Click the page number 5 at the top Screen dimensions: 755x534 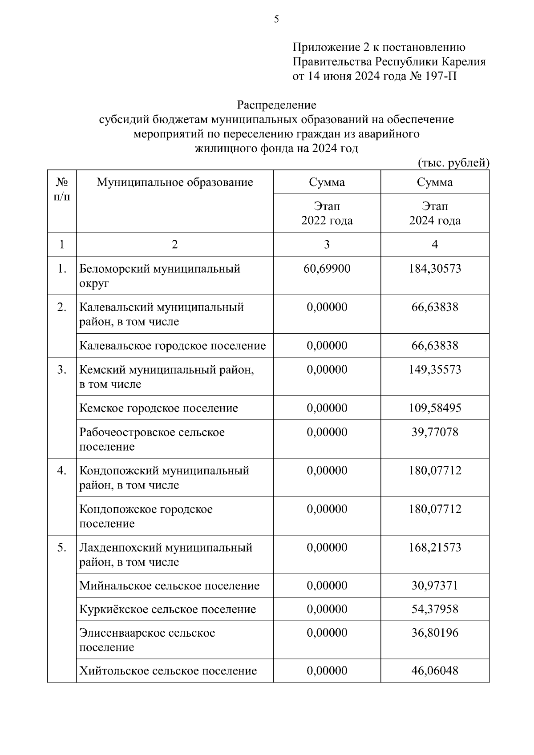(276, 19)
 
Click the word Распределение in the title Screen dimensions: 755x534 (276, 105)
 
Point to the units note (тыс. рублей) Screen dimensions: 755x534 (453, 163)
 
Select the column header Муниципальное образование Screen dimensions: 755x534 (175, 182)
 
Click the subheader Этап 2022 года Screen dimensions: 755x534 (327, 213)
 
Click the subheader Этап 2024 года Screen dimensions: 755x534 (435, 213)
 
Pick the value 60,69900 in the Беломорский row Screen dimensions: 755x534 (327, 269)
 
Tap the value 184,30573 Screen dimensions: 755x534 (435, 269)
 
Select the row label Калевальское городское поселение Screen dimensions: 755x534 (173, 346)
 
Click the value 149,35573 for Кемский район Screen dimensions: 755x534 (435, 370)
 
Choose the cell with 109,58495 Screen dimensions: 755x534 (435, 408)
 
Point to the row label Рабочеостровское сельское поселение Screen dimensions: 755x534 (152, 439)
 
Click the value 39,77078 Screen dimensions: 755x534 (435, 432)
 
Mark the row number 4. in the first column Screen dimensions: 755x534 (62, 471)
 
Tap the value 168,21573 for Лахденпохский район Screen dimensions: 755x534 (435, 547)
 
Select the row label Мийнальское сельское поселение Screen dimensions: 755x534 (169, 585)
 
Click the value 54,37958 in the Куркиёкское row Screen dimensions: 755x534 (435, 609)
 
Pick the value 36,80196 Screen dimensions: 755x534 (435, 633)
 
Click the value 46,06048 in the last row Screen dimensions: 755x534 (435, 671)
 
